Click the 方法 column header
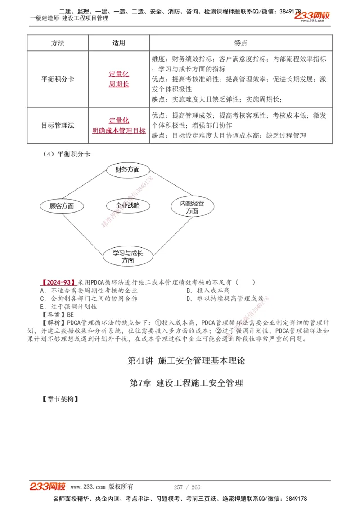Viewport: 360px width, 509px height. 58,43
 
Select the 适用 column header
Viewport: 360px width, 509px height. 119,43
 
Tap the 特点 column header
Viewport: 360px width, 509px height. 241,43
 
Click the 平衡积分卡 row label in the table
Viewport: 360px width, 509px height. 58,79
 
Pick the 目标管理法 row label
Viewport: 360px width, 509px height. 58,125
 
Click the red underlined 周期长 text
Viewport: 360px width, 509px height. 119,84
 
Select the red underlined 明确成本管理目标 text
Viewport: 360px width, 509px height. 119,130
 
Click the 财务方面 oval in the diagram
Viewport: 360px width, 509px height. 127,170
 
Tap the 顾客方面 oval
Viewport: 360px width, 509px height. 62,206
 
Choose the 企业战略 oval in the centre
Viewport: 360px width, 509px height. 127,205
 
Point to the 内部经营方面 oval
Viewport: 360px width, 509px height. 192,207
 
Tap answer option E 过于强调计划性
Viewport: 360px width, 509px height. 68,307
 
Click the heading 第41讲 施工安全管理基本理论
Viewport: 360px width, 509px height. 186,361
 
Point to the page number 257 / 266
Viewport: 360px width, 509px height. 187,487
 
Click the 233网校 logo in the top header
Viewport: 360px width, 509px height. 312,16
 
